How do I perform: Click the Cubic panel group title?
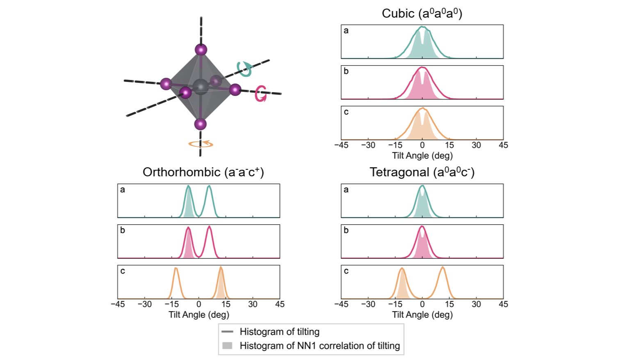pyautogui.click(x=422, y=14)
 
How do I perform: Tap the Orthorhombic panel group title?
pyautogui.click(x=203, y=172)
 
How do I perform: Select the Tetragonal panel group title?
pyautogui.click(x=422, y=172)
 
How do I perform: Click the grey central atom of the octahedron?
pyautogui.click(x=201, y=87)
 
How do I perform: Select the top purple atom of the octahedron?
pyautogui.click(x=201, y=50)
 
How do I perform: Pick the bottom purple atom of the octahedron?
pyautogui.click(x=200, y=124)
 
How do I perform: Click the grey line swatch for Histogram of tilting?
pyautogui.click(x=227, y=331)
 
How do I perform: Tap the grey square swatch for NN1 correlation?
pyautogui.click(x=227, y=346)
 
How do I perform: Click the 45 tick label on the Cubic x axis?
pyautogui.click(x=503, y=145)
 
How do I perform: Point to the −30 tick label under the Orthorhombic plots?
pyautogui.click(x=145, y=304)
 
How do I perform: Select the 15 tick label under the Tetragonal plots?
pyautogui.click(x=449, y=304)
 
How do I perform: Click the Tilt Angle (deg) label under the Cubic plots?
pyautogui.click(x=422, y=156)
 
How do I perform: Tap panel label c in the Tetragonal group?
pyautogui.click(x=346, y=271)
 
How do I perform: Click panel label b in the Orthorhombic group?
pyautogui.click(x=123, y=230)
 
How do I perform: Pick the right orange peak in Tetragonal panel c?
pyautogui.click(x=443, y=268)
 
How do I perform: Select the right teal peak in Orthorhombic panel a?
pyautogui.click(x=209, y=187)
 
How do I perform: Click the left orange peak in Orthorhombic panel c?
pyautogui.click(x=176, y=269)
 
